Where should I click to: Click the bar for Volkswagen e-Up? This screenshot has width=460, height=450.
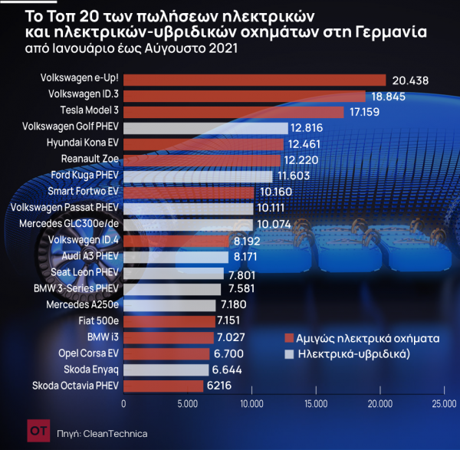pyautogui.click(x=254, y=80)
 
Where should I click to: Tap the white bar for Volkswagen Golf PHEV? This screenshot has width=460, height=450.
pyautogui.click(x=205, y=127)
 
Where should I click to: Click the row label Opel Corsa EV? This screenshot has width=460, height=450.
pyautogui.click(x=88, y=353)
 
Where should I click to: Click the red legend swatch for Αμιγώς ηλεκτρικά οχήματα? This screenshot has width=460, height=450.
pyautogui.click(x=288, y=338)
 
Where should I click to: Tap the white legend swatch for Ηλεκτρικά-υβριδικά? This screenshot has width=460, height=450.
pyautogui.click(x=288, y=355)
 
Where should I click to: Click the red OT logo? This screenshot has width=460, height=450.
pyautogui.click(x=35, y=432)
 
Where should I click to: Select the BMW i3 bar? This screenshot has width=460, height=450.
pyautogui.click(x=169, y=337)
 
